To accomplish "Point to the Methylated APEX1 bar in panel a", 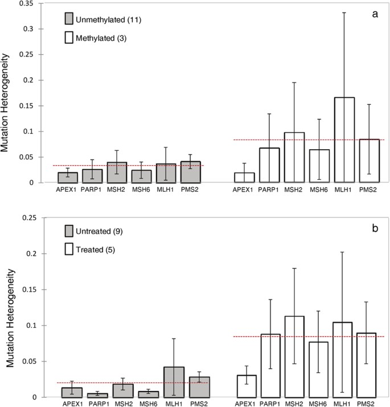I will tap(244, 178).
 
